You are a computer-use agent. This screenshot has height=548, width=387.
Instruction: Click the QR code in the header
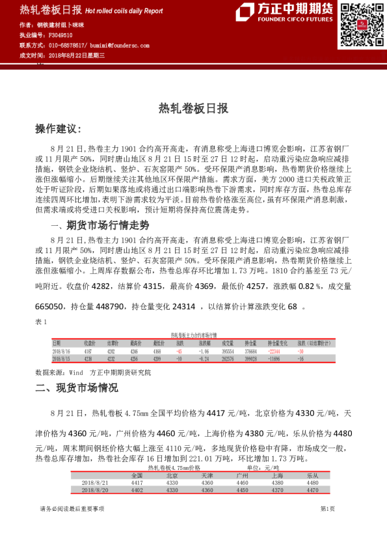[358, 25]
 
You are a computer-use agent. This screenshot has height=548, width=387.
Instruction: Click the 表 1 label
[40, 323]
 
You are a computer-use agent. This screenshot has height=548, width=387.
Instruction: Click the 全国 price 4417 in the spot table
[137, 483]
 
